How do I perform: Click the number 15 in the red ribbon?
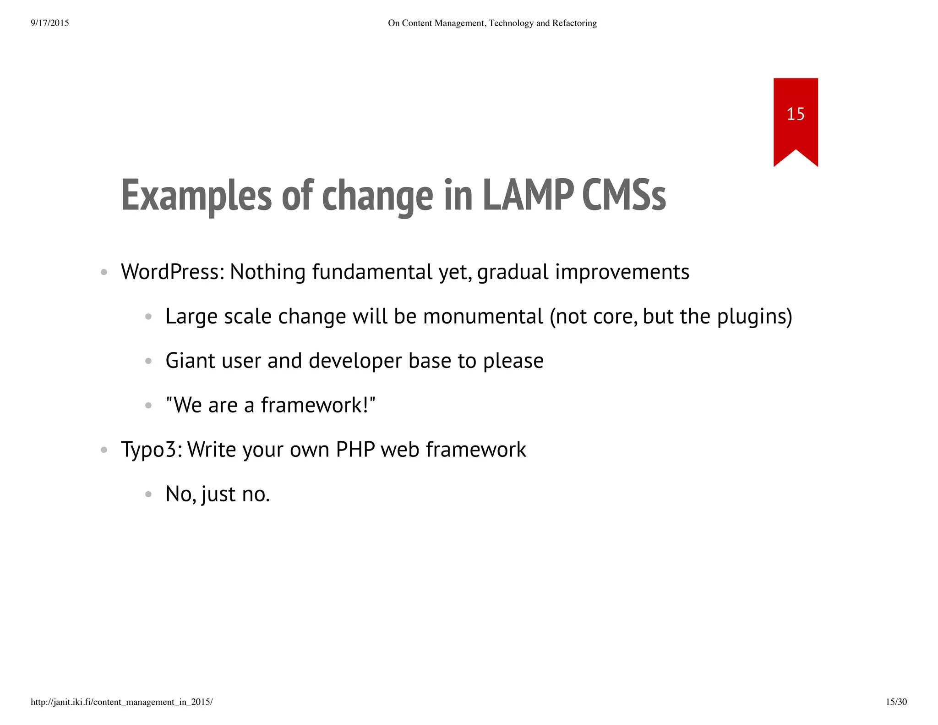[795, 114]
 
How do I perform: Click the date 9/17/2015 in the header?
[49, 23]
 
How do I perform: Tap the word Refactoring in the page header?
[574, 23]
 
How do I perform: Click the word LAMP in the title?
[528, 196]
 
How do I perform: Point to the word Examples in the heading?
[196, 196]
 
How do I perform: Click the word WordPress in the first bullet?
[172, 272]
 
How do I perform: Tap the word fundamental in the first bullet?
[372, 272]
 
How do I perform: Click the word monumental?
[483, 316]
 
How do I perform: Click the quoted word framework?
[318, 405]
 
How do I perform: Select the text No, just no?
[218, 494]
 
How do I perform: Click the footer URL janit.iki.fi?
[122, 702]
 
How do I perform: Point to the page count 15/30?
[896, 702]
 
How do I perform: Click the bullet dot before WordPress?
[104, 272]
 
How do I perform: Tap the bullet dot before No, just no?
[148, 494]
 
